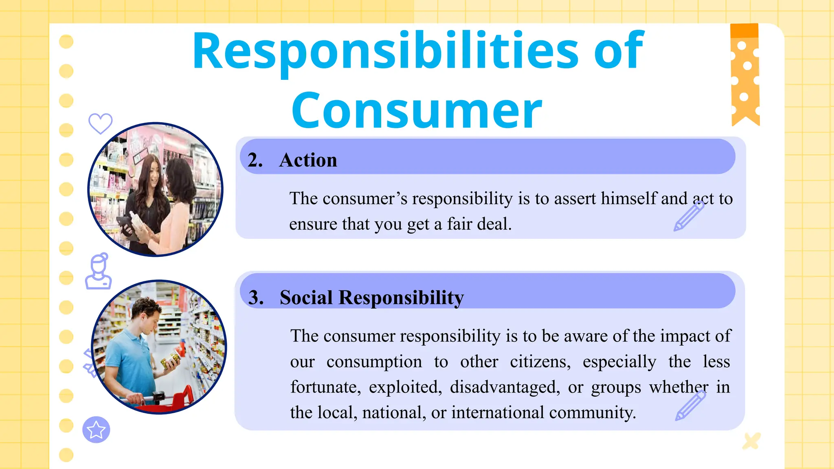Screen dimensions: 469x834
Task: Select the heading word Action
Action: click(x=308, y=160)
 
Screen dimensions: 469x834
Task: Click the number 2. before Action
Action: click(x=255, y=160)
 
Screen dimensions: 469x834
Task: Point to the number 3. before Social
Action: click(x=256, y=298)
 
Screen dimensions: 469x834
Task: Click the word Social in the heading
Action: click(x=306, y=298)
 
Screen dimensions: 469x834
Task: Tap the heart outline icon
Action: click(x=100, y=123)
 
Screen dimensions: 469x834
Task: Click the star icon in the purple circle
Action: click(x=96, y=430)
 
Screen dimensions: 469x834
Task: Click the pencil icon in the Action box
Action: click(x=689, y=216)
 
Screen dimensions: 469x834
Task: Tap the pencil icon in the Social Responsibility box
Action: click(x=690, y=405)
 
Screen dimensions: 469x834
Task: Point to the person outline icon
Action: click(x=98, y=272)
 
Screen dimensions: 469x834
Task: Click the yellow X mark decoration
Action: click(x=751, y=441)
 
